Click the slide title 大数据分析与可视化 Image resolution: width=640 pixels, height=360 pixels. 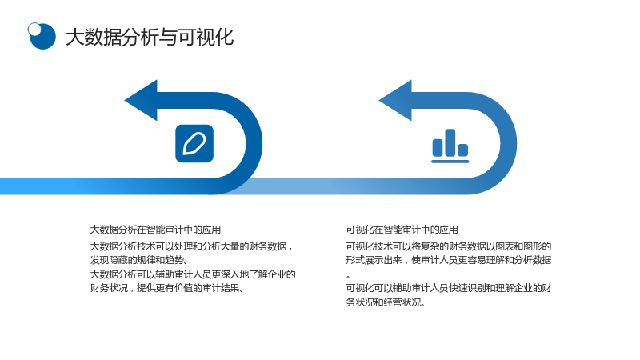(x=150, y=37)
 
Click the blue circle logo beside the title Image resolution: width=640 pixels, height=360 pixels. (x=42, y=36)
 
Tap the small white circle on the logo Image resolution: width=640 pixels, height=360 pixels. (x=34, y=29)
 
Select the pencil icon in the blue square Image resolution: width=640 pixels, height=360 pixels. (x=194, y=143)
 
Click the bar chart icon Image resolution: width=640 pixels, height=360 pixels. (x=450, y=146)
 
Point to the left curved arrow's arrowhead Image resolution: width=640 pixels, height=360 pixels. (x=141, y=101)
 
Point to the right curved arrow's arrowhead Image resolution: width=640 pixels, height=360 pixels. (x=395, y=101)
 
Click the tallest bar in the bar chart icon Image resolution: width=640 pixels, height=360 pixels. (x=450, y=142)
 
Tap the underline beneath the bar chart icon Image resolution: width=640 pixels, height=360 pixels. (x=450, y=162)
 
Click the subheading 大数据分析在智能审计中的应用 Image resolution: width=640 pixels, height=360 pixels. (x=155, y=230)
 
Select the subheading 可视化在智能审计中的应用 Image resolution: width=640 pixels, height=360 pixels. (x=402, y=230)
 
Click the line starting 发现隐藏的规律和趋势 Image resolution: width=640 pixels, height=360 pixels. (x=138, y=260)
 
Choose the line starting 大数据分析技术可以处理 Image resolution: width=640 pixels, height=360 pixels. (x=191, y=246)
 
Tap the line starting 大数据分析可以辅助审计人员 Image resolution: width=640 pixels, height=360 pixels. (x=193, y=274)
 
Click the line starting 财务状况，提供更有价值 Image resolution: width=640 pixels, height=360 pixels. (x=167, y=288)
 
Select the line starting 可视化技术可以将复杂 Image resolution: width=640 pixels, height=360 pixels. (x=449, y=246)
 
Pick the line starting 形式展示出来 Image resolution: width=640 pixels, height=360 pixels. (x=449, y=260)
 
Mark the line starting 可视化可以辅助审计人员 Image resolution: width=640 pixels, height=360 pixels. (x=449, y=288)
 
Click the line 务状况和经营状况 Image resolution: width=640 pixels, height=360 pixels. (x=386, y=302)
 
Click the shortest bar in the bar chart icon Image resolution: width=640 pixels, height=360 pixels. (x=463, y=150)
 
